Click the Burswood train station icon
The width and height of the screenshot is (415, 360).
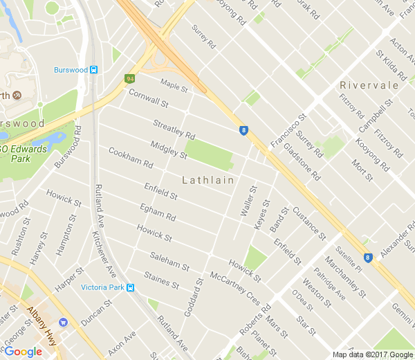94,70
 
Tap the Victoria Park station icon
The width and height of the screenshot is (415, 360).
131,287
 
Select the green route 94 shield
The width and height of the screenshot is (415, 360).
129,79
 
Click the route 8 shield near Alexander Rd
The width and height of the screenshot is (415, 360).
368,258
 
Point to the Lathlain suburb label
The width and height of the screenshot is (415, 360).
207,180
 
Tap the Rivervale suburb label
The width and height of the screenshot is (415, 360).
369,85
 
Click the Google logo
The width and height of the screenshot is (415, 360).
23,351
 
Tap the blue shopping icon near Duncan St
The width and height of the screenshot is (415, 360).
64,322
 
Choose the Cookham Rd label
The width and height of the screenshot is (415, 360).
130,157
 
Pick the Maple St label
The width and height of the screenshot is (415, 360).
174,87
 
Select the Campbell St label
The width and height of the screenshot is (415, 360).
372,116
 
